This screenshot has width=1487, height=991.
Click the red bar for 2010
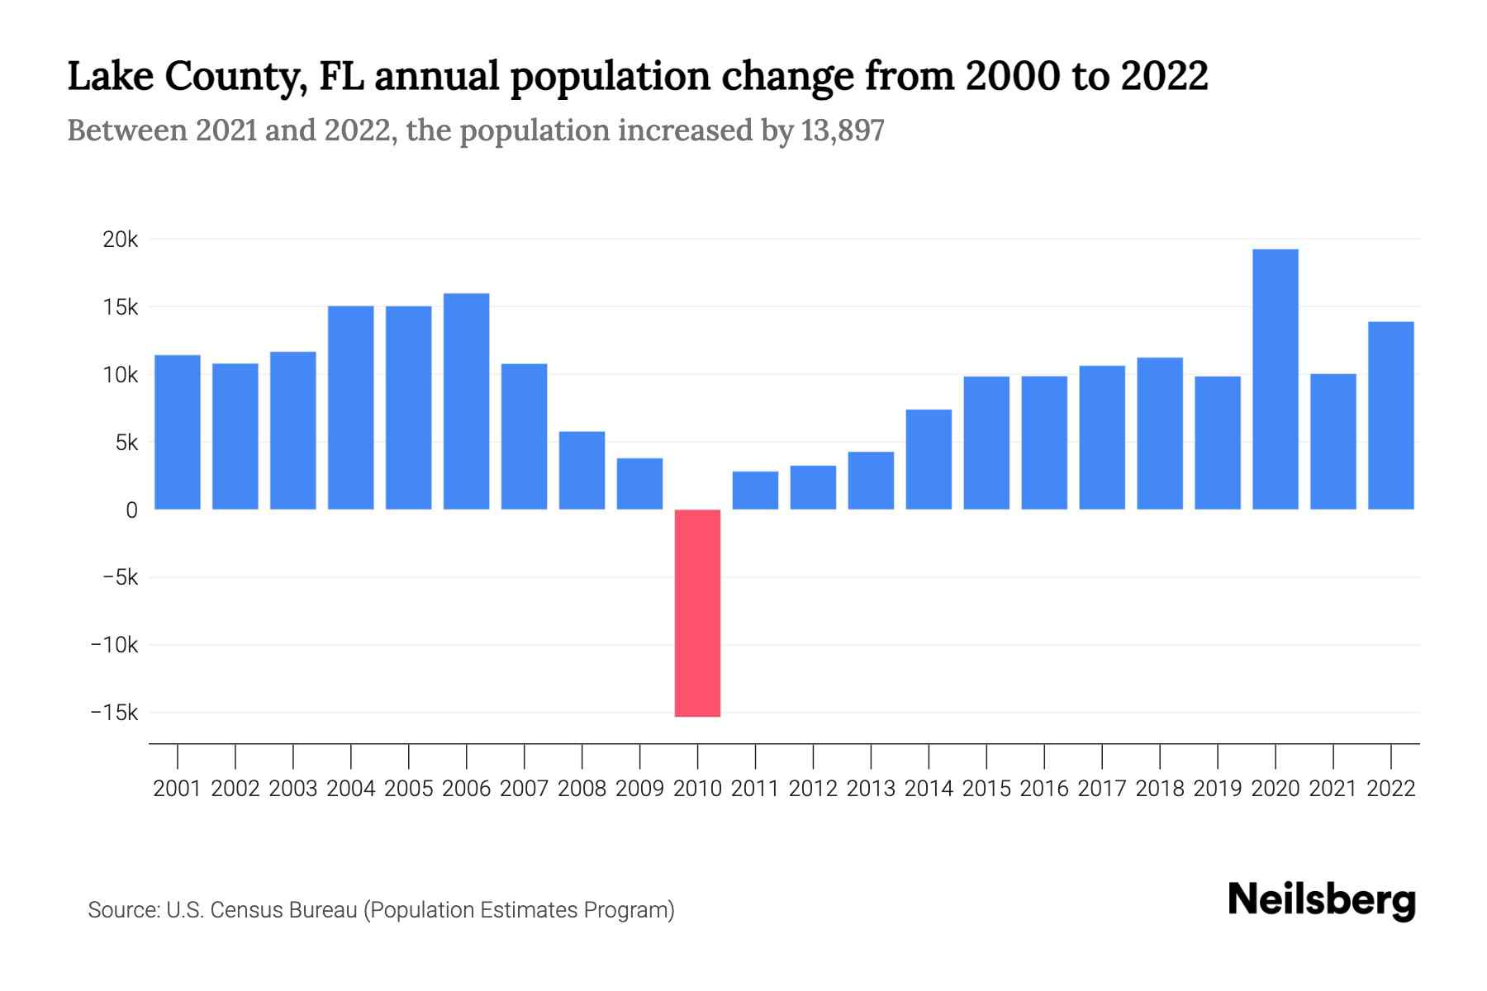(x=697, y=613)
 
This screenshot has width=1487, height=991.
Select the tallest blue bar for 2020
(x=1275, y=379)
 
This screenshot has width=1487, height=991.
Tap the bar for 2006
(x=466, y=401)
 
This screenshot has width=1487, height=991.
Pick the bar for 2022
(x=1390, y=415)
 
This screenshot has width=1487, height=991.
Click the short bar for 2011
(x=755, y=491)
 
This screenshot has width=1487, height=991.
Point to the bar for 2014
(x=929, y=459)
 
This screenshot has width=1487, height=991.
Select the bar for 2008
(x=582, y=470)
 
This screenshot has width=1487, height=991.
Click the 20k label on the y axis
(x=120, y=239)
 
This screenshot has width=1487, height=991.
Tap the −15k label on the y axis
(x=114, y=713)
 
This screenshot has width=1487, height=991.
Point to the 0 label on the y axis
(x=131, y=510)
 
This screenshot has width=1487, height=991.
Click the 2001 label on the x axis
(x=177, y=789)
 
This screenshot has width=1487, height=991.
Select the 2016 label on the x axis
(x=1044, y=789)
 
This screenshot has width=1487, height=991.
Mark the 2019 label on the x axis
(x=1218, y=789)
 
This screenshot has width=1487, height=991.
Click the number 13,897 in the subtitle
(x=843, y=130)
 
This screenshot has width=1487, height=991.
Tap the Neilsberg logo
(x=1322, y=900)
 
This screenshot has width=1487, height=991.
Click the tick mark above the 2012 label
(x=813, y=756)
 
